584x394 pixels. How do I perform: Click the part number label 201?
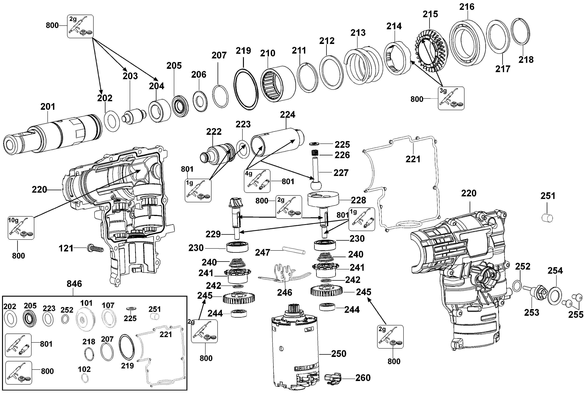pos(48,107)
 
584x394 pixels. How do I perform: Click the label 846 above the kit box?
pos(74,284)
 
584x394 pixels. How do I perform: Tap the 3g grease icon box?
pos(451,98)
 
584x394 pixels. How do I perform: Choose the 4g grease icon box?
pos(257,181)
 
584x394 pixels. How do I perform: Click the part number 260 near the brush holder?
pos(363,378)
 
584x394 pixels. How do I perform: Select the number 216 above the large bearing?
pos(467,7)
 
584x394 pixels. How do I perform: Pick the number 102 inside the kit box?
pos(84,369)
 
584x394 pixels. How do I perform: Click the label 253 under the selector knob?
pos(532,312)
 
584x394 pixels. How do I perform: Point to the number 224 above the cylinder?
pos(288,115)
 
